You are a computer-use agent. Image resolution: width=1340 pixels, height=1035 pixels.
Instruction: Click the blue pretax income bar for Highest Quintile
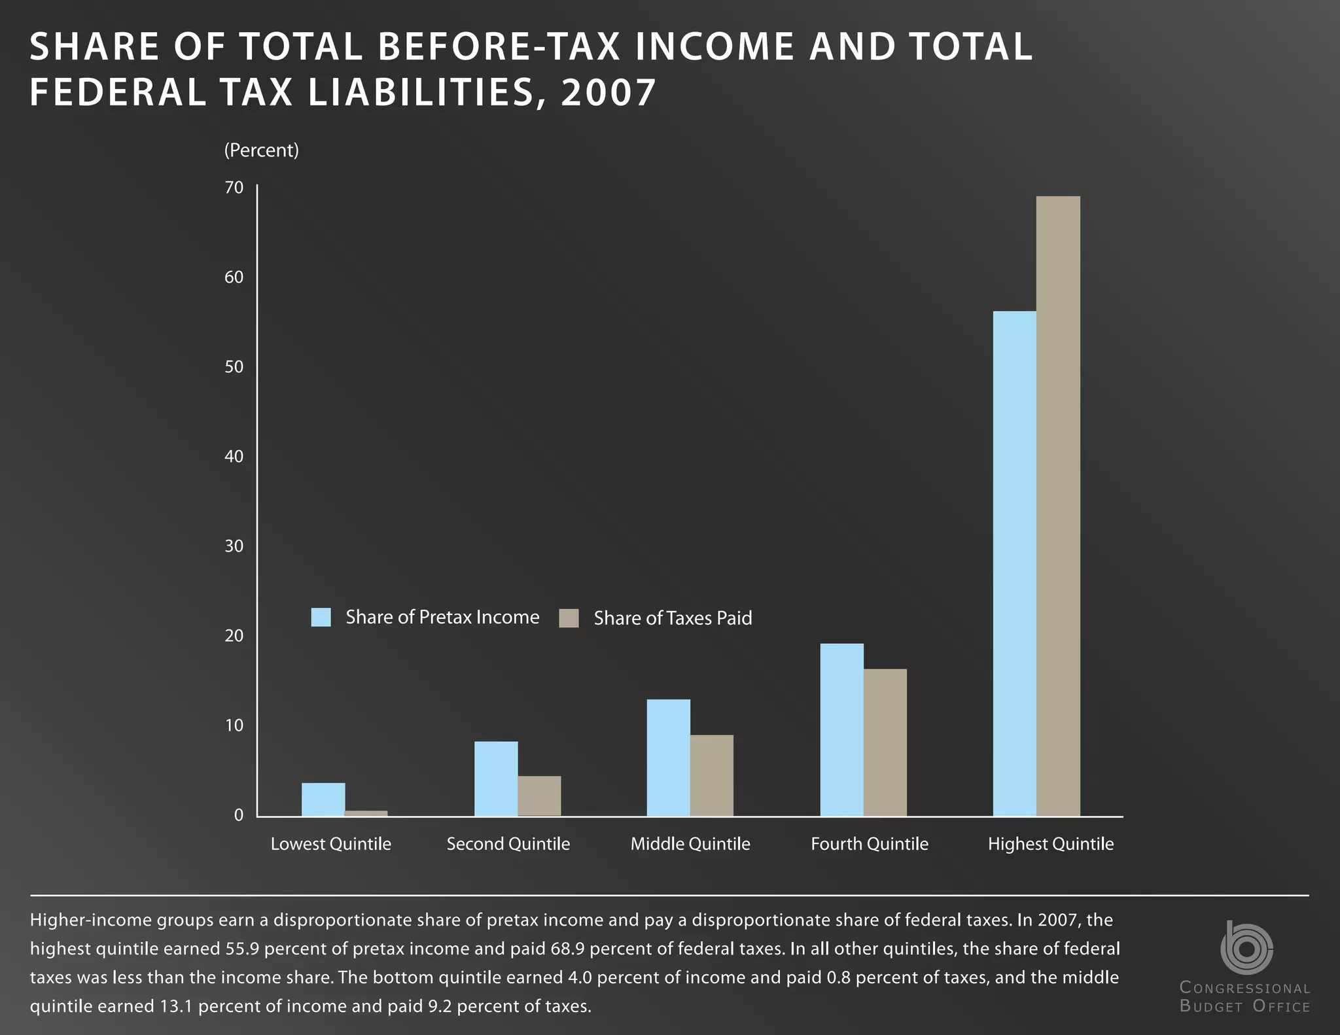click(1014, 563)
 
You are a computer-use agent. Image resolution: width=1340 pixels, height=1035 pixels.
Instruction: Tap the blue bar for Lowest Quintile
click(323, 799)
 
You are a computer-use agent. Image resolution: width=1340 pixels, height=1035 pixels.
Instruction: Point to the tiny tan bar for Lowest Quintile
click(366, 813)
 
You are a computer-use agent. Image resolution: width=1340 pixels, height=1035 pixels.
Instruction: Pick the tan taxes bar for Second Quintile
click(539, 796)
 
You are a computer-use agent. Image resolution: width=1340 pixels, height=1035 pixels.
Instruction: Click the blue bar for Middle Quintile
click(668, 758)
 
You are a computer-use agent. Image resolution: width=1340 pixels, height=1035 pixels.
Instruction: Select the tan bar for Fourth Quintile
click(885, 742)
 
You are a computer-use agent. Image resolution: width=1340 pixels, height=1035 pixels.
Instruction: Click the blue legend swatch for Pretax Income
click(321, 617)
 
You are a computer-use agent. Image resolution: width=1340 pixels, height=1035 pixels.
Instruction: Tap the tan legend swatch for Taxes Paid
click(569, 618)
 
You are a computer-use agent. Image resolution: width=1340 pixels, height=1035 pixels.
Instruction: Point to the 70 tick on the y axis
click(234, 188)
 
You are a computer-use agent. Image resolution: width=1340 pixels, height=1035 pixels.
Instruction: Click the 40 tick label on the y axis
click(234, 457)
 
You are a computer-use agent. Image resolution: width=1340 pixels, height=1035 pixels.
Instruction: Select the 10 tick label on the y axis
click(234, 726)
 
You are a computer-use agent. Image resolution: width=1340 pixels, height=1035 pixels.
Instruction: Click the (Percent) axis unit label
click(261, 150)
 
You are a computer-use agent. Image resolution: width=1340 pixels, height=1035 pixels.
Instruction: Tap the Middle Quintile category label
click(690, 844)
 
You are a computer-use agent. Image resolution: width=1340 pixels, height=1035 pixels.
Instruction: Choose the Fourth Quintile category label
click(869, 844)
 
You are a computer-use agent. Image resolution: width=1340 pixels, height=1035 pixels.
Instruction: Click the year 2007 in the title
click(608, 92)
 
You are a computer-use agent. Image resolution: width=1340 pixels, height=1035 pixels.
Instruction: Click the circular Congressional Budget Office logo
click(1246, 948)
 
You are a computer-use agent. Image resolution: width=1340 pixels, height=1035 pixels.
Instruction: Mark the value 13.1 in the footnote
click(175, 1006)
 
